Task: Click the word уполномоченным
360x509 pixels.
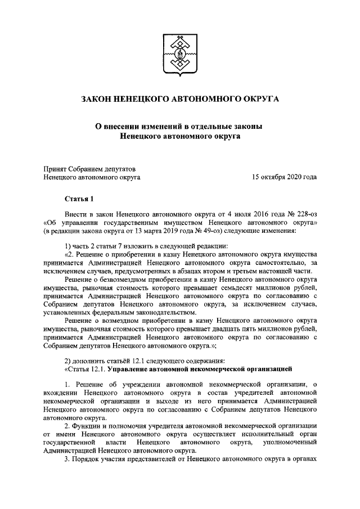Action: pos(286,443)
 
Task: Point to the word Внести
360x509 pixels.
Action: pos(76,214)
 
